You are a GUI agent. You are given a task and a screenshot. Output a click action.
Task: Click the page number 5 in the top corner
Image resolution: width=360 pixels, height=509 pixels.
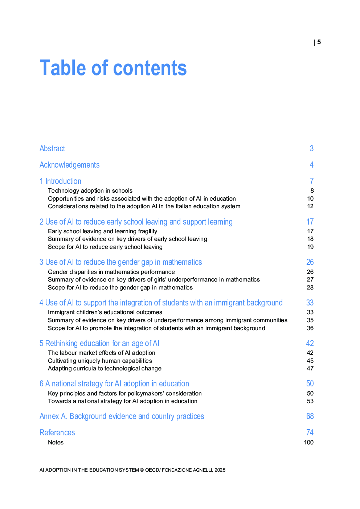click(x=319, y=42)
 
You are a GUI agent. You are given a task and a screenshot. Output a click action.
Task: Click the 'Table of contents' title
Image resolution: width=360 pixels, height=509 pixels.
click(x=113, y=68)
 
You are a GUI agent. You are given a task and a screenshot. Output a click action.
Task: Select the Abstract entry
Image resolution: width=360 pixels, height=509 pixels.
click(x=52, y=148)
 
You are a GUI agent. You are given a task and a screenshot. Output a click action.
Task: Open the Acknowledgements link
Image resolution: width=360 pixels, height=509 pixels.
click(x=69, y=165)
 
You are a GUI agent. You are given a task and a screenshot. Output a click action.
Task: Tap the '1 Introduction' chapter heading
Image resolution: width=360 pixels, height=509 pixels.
click(x=60, y=181)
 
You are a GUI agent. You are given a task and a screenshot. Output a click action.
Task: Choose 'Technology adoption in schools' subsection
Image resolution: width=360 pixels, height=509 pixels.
click(x=90, y=191)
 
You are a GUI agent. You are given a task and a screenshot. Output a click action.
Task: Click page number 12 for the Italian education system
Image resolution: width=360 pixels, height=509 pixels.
click(x=310, y=206)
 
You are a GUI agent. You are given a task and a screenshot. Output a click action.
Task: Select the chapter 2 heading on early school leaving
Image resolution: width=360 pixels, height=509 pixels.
click(x=136, y=222)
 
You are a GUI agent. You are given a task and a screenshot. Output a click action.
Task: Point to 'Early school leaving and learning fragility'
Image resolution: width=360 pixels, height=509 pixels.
click(x=102, y=231)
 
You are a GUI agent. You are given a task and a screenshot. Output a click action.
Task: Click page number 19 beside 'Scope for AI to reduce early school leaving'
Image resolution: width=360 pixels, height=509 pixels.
click(x=310, y=247)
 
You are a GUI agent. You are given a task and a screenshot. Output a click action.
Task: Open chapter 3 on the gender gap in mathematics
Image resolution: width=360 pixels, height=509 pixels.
click(x=120, y=262)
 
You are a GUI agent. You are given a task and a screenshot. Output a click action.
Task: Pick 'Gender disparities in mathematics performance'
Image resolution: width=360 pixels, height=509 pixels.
click(x=111, y=272)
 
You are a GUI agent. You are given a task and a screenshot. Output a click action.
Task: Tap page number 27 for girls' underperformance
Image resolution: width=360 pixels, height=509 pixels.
click(x=310, y=280)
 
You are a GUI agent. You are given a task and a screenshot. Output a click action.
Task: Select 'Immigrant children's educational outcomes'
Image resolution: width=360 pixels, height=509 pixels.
click(x=105, y=312)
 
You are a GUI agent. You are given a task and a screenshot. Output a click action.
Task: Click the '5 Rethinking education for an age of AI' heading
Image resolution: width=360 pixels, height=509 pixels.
click(x=99, y=343)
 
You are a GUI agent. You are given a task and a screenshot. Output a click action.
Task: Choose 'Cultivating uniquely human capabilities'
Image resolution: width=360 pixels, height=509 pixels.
click(x=100, y=361)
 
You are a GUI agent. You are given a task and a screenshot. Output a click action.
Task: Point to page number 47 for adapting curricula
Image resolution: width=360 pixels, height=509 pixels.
click(x=310, y=369)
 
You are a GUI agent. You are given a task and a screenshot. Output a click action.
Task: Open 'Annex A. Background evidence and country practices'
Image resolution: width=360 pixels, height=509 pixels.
click(x=122, y=416)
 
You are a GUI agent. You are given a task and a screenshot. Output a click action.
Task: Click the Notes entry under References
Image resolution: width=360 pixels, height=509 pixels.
click(x=56, y=443)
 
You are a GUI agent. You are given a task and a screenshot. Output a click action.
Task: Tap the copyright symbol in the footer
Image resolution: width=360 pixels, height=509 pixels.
click(x=142, y=470)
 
